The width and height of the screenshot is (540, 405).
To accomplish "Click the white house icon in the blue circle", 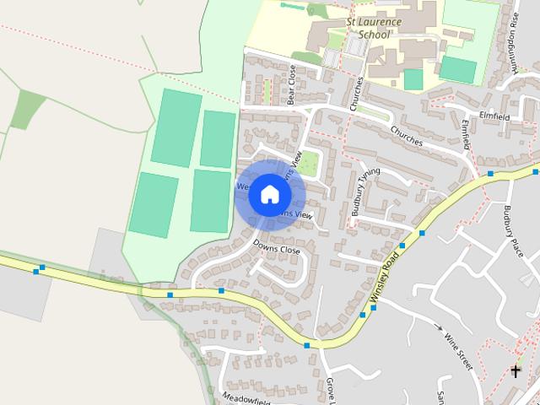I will click(268, 194).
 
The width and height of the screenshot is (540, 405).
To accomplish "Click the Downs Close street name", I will click(277, 250).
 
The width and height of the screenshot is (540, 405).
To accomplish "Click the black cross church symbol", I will click(516, 370).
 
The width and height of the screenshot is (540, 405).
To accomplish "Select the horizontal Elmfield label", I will click(495, 116).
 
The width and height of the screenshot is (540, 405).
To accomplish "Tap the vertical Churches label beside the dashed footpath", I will click(358, 94).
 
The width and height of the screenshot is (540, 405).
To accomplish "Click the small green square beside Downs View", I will click(309, 163).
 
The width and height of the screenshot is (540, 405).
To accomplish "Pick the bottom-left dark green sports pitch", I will click(153, 204).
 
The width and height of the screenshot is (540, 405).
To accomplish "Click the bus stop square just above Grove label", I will click(307, 345).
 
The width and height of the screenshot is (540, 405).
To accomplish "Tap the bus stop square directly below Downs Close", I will click(221, 290).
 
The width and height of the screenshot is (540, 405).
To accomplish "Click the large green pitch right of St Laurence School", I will click(457, 69).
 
